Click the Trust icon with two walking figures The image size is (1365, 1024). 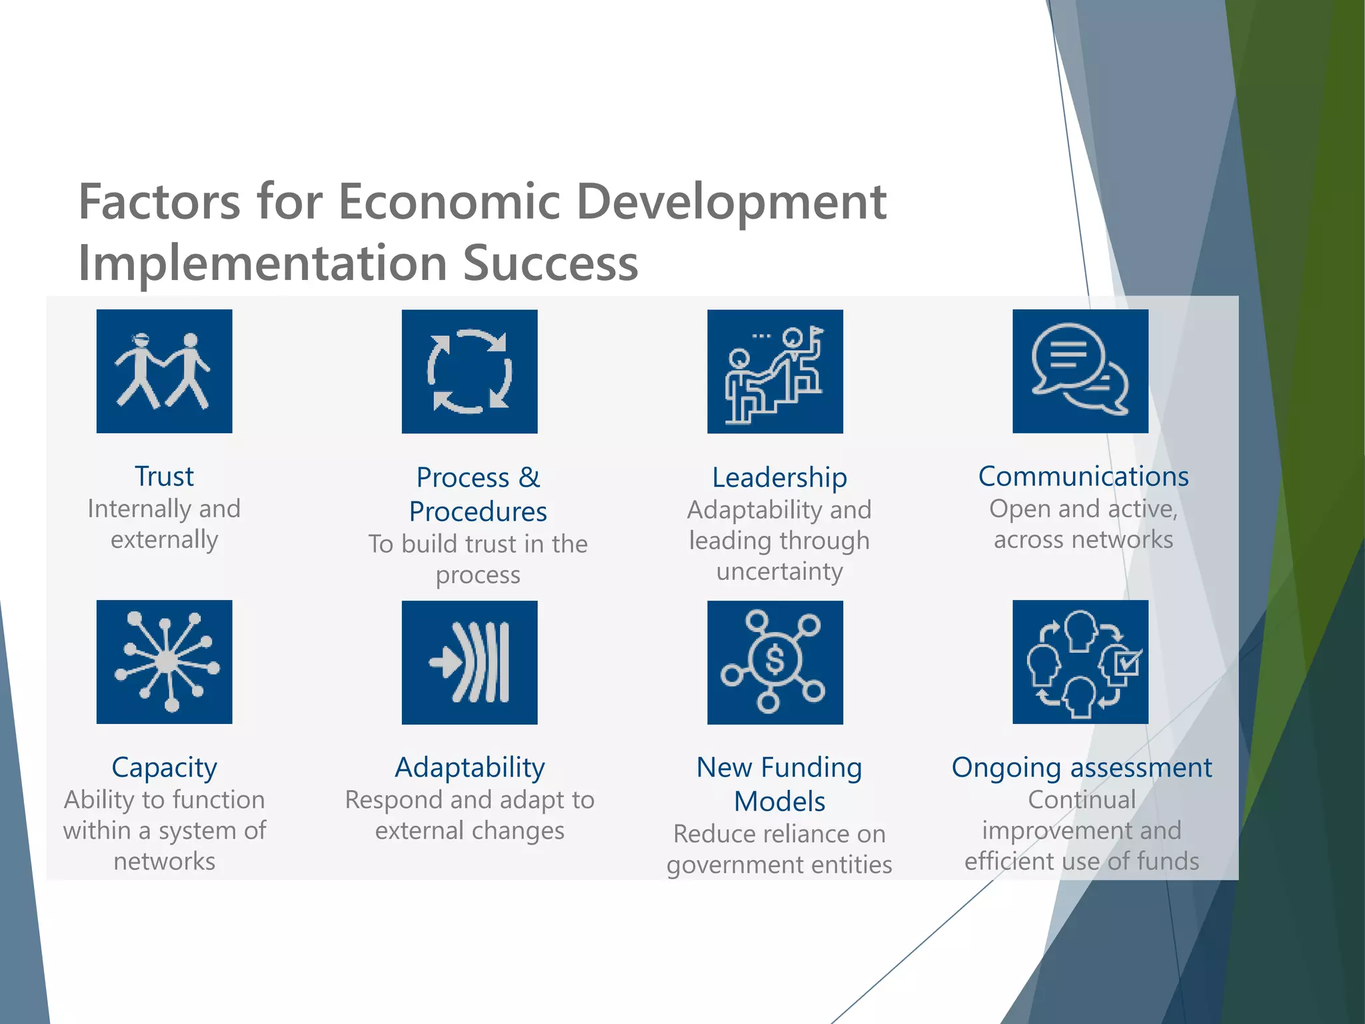tap(164, 371)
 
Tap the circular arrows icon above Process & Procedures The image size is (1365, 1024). tap(469, 371)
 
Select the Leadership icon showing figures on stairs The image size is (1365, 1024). tap(774, 371)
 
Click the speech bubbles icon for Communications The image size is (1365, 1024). tap(1080, 371)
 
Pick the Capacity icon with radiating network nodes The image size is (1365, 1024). tap(164, 661)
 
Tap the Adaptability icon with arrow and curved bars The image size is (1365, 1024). tap(469, 662)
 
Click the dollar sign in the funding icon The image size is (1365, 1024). tap(774, 659)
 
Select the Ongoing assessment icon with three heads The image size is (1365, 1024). tap(1080, 661)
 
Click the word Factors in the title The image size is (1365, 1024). tap(159, 202)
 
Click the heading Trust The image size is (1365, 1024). tap(164, 477)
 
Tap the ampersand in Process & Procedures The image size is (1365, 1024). tap(529, 477)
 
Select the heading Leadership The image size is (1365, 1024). tap(779, 477)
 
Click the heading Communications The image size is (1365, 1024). tap(1083, 477)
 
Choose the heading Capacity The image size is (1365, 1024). tap(164, 768)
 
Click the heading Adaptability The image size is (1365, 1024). tap(469, 768)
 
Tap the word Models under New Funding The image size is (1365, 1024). tap(779, 801)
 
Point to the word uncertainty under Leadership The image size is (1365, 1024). tap(779, 571)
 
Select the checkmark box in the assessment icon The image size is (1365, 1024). tap(1128, 663)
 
